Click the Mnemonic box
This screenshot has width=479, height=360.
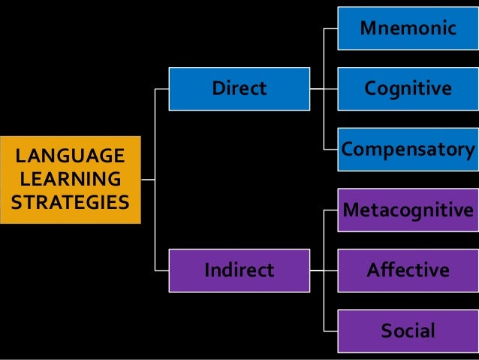point(408,29)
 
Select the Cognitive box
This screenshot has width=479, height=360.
point(408,89)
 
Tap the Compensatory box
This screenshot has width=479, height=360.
point(408,150)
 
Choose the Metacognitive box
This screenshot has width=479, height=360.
point(408,210)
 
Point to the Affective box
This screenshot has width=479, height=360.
point(408,270)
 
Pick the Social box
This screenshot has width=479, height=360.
point(408,331)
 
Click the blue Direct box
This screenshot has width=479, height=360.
point(239,89)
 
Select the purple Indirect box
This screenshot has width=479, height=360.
point(239,270)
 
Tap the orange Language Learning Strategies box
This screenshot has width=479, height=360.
point(71,180)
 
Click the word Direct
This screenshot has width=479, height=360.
point(239,89)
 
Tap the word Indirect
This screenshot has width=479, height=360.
point(239,270)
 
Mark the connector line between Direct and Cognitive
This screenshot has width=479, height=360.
point(324,89)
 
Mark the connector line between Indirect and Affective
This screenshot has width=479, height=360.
point(324,270)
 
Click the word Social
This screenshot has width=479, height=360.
point(408,331)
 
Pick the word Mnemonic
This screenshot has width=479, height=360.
point(408,29)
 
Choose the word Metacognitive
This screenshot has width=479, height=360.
point(408,210)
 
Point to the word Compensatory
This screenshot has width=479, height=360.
point(408,150)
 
